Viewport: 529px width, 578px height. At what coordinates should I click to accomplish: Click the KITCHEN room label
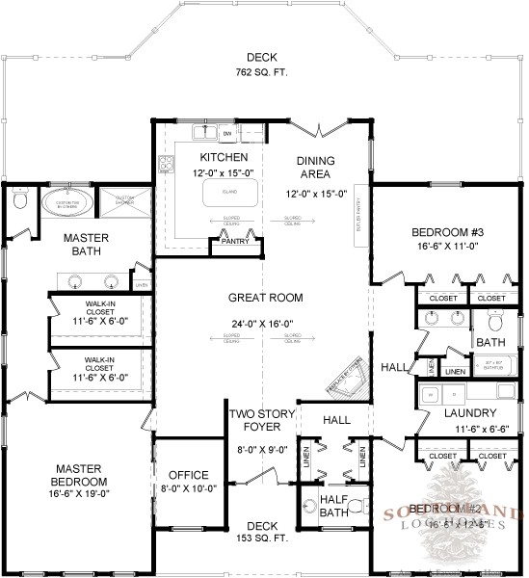(224, 157)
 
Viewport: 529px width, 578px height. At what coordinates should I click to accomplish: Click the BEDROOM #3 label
(444, 232)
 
